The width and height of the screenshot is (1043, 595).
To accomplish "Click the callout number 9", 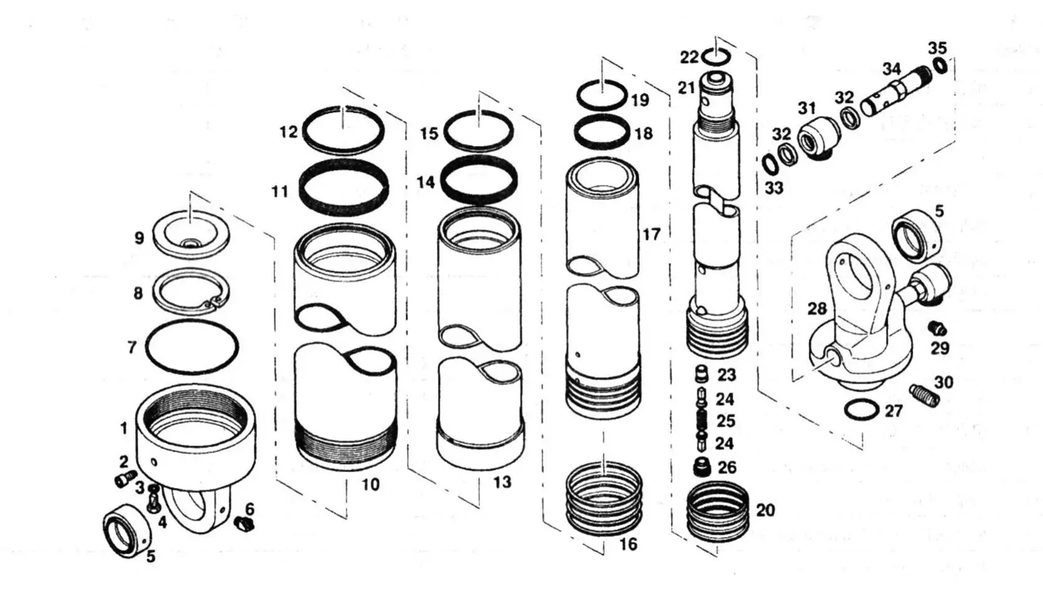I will point(139,238).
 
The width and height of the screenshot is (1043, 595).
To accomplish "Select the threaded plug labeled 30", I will point(924,394).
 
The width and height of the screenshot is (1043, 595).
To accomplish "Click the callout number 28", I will point(817,309).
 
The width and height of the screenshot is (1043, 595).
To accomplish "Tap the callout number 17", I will point(651,235).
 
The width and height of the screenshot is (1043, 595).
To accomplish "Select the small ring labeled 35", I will point(940,65).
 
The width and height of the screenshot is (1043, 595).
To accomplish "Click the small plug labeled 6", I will point(245,525).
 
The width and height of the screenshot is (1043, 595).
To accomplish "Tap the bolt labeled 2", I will point(126,478).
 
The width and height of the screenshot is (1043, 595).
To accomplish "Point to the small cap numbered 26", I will point(701,467).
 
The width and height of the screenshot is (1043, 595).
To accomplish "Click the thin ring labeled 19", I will point(602,95).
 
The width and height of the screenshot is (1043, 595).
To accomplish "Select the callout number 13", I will point(502,482).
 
